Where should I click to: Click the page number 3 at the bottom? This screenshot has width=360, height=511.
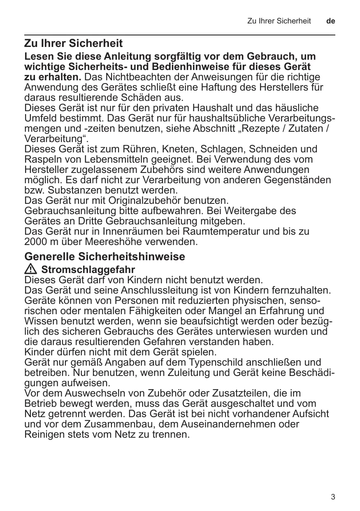pyautogui.click(x=333, y=497)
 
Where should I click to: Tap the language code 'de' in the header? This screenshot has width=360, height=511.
pyautogui.click(x=330, y=21)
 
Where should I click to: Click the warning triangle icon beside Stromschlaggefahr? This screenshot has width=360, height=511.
pyautogui.click(x=30, y=270)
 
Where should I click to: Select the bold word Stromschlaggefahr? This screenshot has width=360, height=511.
pyautogui.click(x=88, y=270)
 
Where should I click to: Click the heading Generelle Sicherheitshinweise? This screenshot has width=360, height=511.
pyautogui.click(x=105, y=257)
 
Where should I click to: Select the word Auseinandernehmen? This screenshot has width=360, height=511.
pyautogui.click(x=225, y=424)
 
